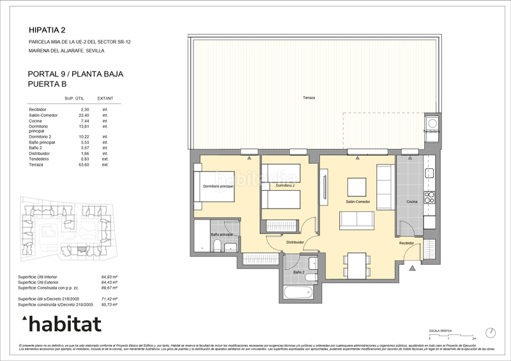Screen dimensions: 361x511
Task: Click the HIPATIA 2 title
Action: click(x=47, y=29)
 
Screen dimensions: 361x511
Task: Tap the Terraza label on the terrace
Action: click(x=309, y=98)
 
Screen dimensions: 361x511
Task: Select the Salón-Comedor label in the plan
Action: click(x=358, y=202)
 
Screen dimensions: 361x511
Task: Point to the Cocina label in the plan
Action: click(x=413, y=202)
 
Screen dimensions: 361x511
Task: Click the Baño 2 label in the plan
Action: click(x=298, y=272)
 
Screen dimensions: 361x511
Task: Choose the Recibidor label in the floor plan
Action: click(x=407, y=243)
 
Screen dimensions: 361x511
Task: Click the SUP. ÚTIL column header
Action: click(x=75, y=98)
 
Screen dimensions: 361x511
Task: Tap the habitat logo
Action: click(x=61, y=323)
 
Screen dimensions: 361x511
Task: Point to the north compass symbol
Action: click(x=491, y=332)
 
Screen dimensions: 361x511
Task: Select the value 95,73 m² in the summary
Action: click(x=112, y=304)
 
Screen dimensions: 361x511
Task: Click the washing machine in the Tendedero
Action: click(x=432, y=122)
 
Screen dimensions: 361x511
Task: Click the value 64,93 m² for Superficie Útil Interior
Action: click(x=112, y=277)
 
